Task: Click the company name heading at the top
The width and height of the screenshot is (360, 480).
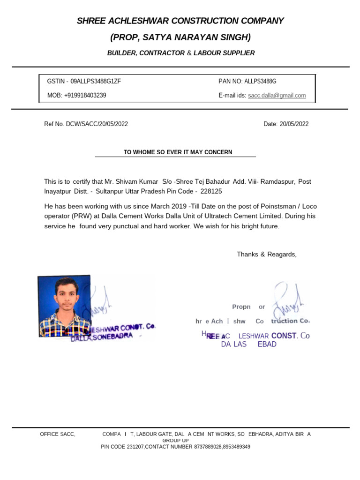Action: (180, 21)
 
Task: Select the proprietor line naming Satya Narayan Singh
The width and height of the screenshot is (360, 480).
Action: (180, 37)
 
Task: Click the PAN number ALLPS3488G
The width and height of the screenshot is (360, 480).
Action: (260, 81)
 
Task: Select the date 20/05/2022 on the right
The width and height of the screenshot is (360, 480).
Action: (294, 124)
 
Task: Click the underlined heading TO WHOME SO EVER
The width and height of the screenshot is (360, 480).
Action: (178, 152)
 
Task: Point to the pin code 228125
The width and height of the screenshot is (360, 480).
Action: (211, 192)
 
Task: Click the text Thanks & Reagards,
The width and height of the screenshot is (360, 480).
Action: (267, 255)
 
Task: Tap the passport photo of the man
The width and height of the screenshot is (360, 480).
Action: (64, 306)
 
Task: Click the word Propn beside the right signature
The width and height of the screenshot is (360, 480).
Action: (241, 307)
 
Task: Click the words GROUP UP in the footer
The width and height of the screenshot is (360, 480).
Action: (175, 441)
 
